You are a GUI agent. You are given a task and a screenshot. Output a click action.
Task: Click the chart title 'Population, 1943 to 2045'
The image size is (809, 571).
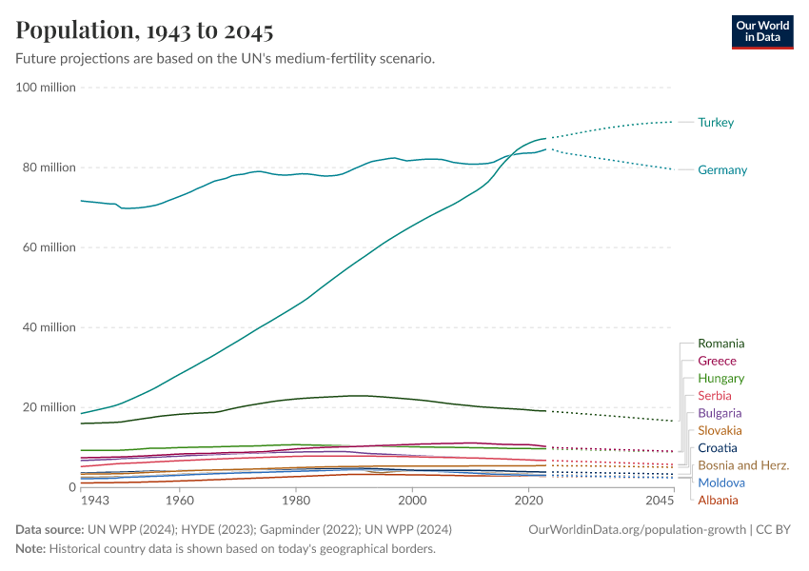145,30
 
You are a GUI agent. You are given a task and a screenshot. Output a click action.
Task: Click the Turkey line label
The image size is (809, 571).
716,123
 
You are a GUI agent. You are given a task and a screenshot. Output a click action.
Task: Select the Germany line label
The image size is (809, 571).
722,170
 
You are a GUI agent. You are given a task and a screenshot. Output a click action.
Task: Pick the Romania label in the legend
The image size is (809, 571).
721,344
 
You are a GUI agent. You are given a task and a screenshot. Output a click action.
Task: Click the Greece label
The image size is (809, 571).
717,362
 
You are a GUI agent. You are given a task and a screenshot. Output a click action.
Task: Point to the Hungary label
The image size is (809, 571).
720,379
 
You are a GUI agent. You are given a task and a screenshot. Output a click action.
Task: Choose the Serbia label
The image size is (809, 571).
715,396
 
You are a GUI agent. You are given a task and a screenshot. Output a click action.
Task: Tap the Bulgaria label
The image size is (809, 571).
720,413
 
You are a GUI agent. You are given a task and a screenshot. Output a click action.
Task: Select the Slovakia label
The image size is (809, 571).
720,431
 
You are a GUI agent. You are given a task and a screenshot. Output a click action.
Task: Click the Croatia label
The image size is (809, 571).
717,448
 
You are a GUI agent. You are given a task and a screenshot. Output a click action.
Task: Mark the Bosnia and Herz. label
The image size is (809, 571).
743,465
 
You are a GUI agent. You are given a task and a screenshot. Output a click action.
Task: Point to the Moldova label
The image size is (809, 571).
720,483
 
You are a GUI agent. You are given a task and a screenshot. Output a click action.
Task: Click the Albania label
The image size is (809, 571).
718,501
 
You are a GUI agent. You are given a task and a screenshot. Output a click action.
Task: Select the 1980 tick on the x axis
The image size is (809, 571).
295,500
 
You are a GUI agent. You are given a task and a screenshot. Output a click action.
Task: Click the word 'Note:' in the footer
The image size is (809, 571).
30,549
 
